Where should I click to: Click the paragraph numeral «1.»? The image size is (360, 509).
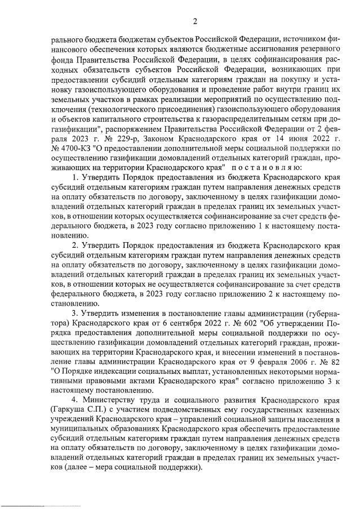click(75, 178)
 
